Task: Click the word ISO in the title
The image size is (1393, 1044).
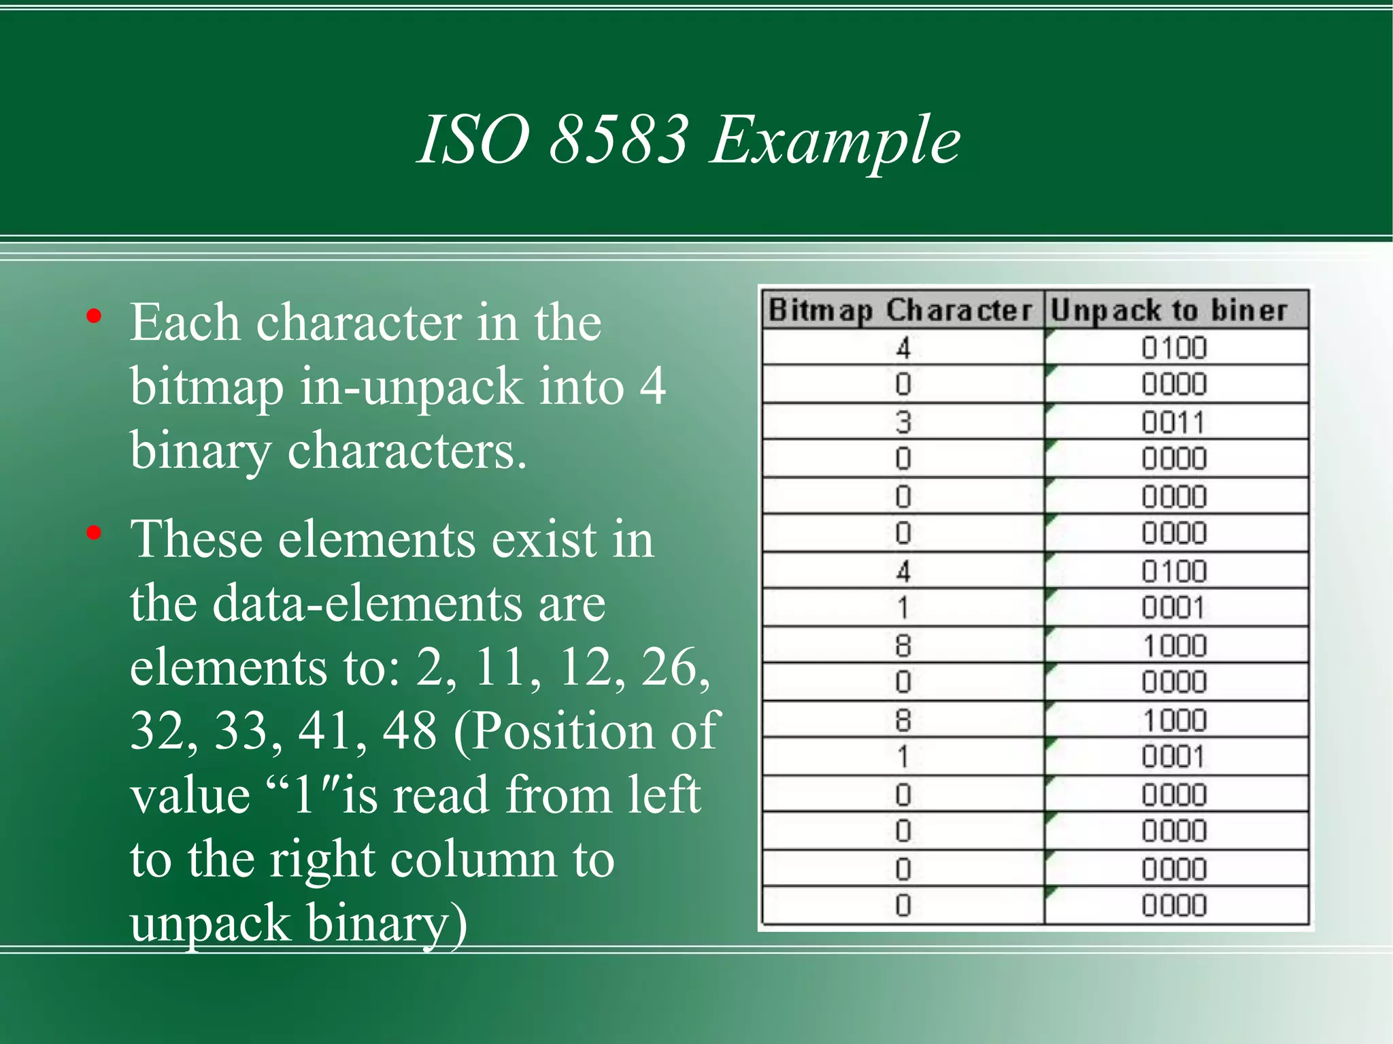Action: click(x=473, y=140)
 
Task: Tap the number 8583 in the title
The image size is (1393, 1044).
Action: click(x=618, y=140)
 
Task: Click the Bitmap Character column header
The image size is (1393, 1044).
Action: click(x=901, y=311)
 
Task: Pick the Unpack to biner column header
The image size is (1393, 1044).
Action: click(x=1169, y=311)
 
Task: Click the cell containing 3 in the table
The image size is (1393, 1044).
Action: click(x=903, y=422)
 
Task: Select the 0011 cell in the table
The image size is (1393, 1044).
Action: click(x=1173, y=422)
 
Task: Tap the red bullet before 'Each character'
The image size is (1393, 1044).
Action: click(x=94, y=316)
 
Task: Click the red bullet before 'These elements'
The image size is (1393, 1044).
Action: click(x=94, y=533)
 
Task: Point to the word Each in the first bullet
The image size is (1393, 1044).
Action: click(x=184, y=322)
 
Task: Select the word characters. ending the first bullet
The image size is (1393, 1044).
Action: click(x=407, y=451)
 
